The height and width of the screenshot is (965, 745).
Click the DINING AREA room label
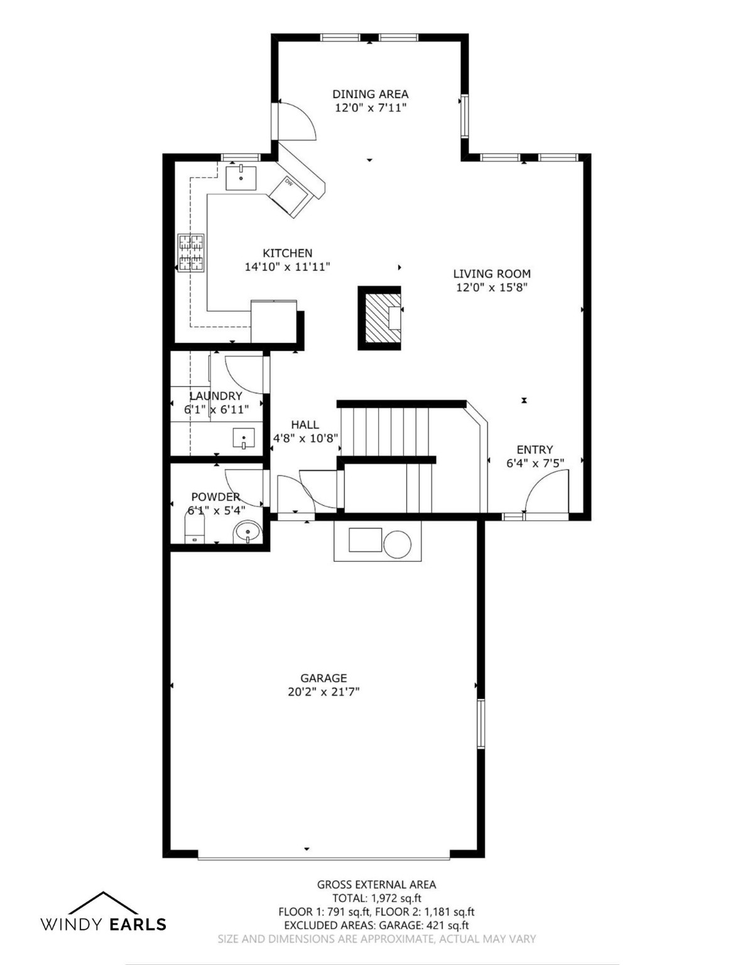370,94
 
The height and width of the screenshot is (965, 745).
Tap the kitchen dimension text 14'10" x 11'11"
287,267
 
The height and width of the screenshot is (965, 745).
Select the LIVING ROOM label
491,273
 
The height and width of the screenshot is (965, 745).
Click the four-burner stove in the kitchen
192,252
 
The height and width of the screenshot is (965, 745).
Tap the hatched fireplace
380,318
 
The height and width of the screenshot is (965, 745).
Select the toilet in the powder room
194,526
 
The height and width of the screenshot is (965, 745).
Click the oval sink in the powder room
247,532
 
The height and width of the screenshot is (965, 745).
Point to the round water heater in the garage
398,544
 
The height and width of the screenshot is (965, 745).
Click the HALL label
305,425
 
